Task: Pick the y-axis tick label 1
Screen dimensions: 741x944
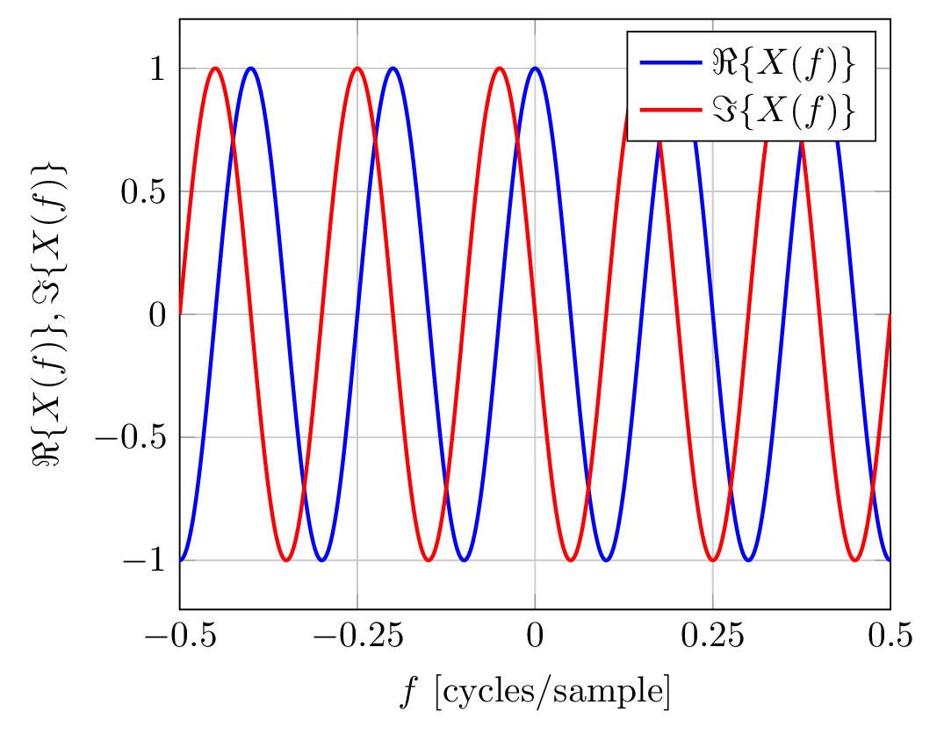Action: pos(157,69)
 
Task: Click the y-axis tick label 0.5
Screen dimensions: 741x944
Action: pos(143,191)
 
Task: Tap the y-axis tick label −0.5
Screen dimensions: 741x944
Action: pos(132,437)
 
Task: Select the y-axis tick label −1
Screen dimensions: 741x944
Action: pos(145,560)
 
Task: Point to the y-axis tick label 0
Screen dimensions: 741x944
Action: pos(157,314)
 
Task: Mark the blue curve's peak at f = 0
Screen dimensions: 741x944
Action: pos(535,68)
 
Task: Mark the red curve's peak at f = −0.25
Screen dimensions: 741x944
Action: pos(357,68)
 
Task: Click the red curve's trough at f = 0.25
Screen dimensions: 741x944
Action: pos(712,559)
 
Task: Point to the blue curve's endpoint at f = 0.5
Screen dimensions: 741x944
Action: pos(890,559)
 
